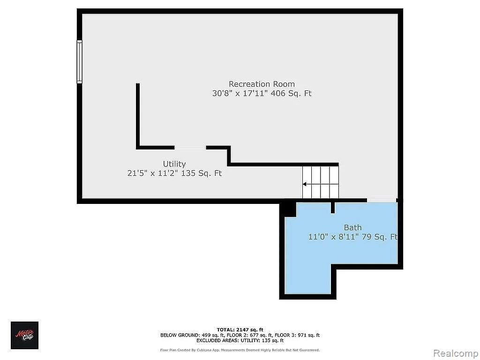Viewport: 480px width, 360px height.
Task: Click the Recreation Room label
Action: click(x=262, y=84)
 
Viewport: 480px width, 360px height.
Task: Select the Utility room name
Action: click(x=174, y=165)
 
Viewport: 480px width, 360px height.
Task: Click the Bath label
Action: click(x=352, y=227)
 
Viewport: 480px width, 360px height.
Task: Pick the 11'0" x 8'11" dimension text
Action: click(x=333, y=237)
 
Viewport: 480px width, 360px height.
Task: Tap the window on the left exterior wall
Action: click(x=79, y=61)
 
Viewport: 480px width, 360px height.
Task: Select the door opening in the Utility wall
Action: click(x=190, y=148)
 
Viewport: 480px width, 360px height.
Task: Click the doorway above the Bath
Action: click(x=382, y=200)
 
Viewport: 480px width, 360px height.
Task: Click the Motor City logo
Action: click(x=24, y=335)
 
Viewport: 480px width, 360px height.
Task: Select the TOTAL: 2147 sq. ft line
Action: click(x=240, y=330)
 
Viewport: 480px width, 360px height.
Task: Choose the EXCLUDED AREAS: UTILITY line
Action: click(x=240, y=340)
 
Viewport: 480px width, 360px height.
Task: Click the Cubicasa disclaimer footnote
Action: click(x=240, y=350)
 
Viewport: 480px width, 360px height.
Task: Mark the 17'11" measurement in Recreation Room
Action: click(x=255, y=93)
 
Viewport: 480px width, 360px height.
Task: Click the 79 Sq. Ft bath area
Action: click(x=380, y=237)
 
